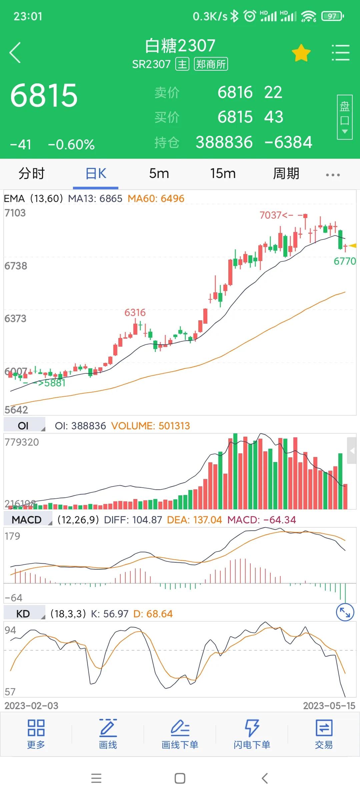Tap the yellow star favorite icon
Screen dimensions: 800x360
point(301,53)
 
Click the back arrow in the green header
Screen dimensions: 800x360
point(15,53)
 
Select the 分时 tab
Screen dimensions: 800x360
point(31,174)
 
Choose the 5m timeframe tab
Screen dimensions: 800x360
point(159,174)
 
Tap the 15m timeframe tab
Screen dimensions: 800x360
point(223,174)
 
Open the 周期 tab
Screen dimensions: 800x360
point(286,174)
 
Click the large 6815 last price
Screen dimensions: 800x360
point(44,96)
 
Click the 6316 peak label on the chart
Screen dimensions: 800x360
point(135,313)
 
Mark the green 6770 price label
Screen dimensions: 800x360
point(345,261)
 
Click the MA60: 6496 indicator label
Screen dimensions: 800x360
point(156,199)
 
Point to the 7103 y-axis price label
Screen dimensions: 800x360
point(15,213)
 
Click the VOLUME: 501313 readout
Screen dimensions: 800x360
point(151,426)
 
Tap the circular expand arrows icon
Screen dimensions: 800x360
point(345,612)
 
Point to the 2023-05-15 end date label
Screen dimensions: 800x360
point(329,706)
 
